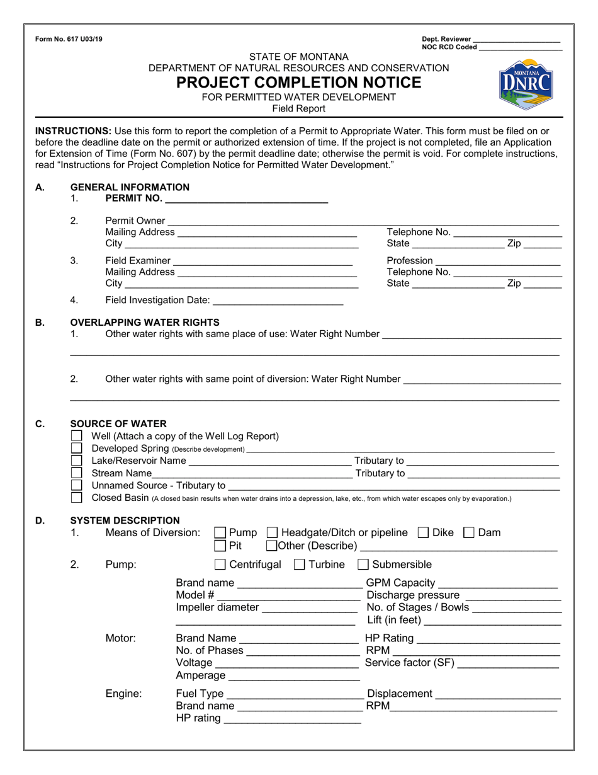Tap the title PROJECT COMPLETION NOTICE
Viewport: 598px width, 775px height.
pos(298,83)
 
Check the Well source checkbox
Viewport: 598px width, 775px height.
pos(77,436)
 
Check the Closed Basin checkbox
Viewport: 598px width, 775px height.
pos(77,498)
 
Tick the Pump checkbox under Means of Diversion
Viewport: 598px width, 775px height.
pos(220,533)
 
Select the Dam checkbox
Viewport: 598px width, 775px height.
pos(469,533)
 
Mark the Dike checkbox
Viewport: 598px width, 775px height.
pos(424,533)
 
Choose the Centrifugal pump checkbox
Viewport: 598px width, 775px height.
pos(220,565)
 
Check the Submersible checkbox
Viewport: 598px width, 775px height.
pos(364,565)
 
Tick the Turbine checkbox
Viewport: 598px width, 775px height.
pos(300,565)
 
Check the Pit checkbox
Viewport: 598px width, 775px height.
pos(220,546)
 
